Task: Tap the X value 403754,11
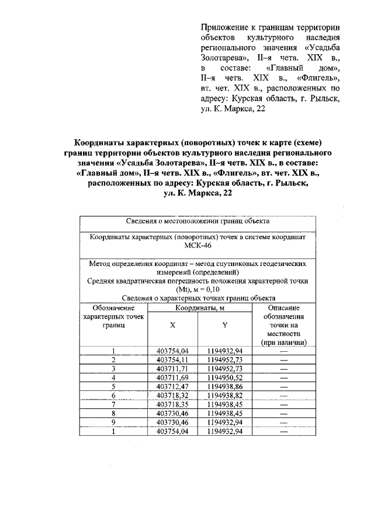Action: pyautogui.click(x=174, y=360)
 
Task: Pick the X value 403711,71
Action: pyautogui.click(x=174, y=369)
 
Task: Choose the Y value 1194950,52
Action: pyautogui.click(x=224, y=377)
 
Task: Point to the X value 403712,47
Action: pyautogui.click(x=174, y=386)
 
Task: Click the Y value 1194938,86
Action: pyautogui.click(x=224, y=386)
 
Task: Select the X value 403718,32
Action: pyautogui.click(x=174, y=395)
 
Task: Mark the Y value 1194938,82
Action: pyautogui.click(x=224, y=395)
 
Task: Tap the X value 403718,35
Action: pyautogui.click(x=174, y=404)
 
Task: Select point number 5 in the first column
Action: pyautogui.click(x=113, y=386)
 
